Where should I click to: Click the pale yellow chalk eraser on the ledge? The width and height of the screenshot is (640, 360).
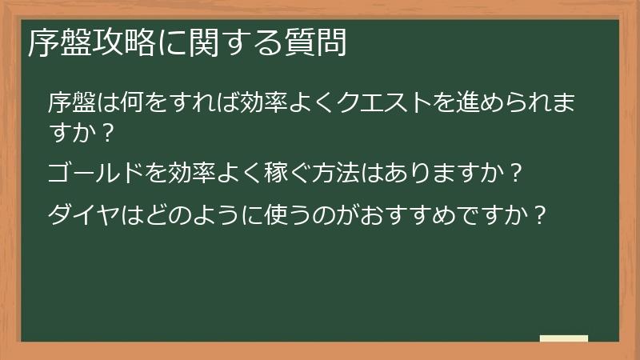[563, 338]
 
